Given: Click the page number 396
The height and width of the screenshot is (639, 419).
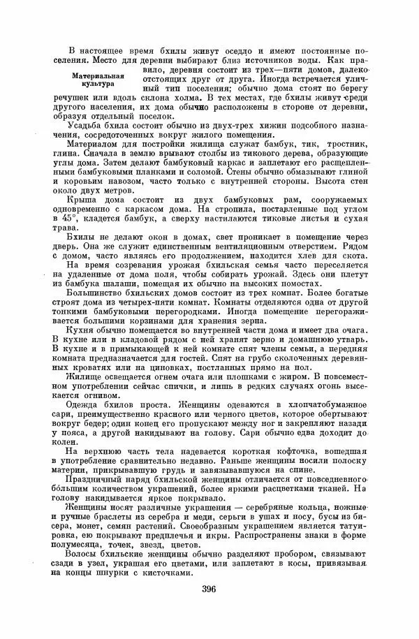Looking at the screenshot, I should tap(207, 589).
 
